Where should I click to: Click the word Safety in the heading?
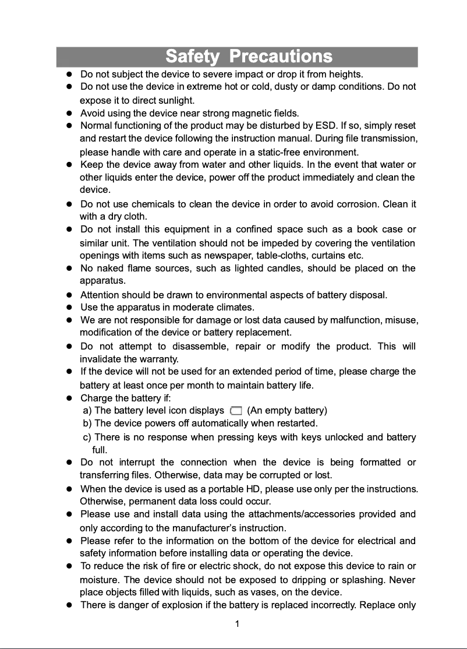[x=192, y=57]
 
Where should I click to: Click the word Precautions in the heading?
[x=281, y=57]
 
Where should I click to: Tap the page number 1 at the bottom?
[x=237, y=625]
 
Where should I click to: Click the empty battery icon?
[x=236, y=411]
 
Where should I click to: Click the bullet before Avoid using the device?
[x=69, y=113]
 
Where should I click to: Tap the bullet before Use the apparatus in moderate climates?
[x=69, y=308]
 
